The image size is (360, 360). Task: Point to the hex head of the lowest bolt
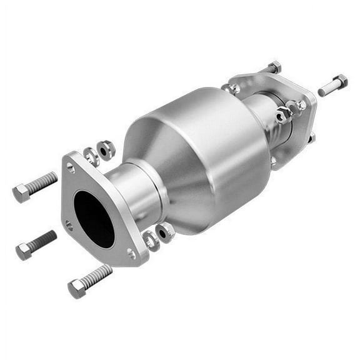click(77, 288)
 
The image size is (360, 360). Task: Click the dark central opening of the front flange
click(94, 217)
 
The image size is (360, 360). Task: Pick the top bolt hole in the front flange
click(71, 167)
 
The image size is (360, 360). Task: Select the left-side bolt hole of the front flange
click(69, 225)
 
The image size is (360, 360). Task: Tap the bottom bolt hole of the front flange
click(131, 253)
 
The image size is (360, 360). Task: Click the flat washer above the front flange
click(92, 154)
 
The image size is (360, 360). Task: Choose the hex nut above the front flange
click(107, 149)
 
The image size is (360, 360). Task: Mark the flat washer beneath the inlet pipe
click(151, 239)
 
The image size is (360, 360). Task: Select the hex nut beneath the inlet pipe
click(166, 232)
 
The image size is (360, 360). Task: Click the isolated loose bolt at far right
click(332, 85)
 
